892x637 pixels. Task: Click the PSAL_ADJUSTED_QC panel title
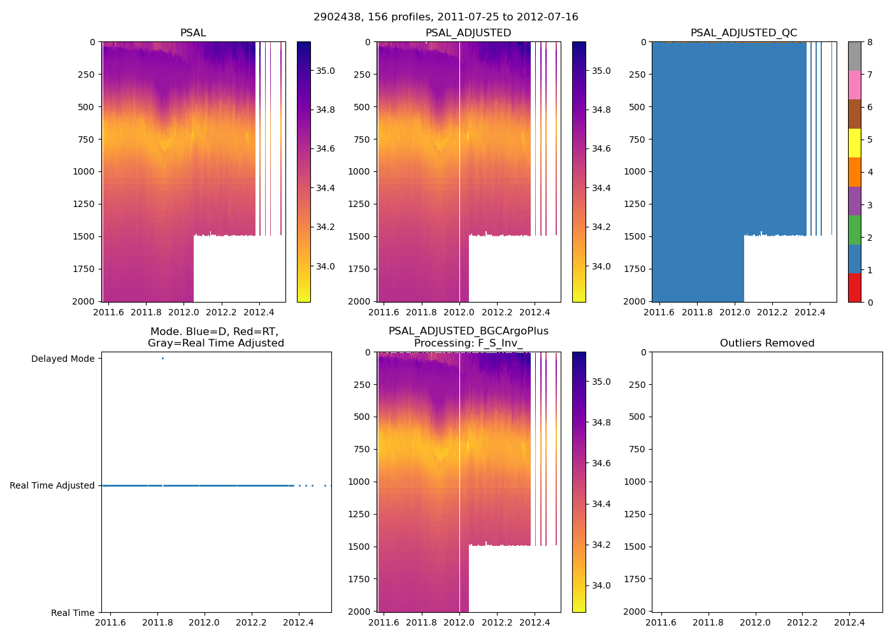(744, 33)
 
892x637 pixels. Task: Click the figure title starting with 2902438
(446, 17)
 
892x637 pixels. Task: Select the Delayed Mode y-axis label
(62, 359)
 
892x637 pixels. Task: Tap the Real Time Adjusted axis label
(52, 485)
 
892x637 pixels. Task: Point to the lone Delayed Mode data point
(162, 359)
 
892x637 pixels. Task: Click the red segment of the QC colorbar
(854, 287)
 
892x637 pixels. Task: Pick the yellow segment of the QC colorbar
(854, 143)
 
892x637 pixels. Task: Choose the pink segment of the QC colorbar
(854, 85)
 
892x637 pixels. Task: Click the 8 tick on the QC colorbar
(870, 42)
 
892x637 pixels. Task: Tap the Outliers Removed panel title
(767, 343)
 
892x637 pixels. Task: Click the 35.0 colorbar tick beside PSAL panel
(326, 71)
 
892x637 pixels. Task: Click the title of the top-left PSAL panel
(193, 33)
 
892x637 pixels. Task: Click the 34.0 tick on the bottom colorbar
(601, 585)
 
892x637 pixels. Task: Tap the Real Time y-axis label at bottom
(73, 613)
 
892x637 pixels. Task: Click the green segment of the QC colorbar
(854, 230)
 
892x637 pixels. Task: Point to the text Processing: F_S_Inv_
(468, 343)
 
